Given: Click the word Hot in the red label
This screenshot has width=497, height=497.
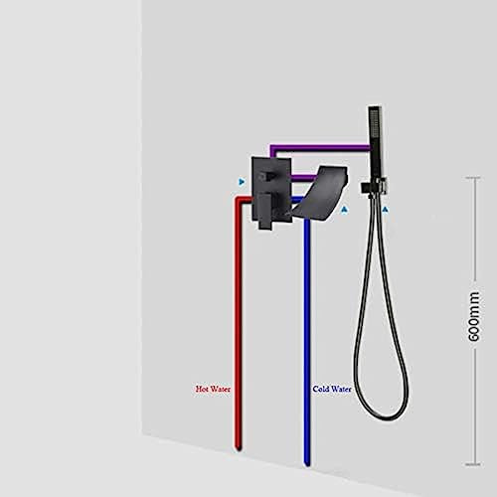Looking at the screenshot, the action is [203, 389].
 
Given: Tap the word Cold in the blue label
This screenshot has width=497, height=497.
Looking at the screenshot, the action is [320, 389].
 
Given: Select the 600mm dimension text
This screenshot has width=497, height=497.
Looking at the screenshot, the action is [473, 316].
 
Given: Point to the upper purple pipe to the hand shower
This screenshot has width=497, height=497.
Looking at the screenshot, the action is [320, 147].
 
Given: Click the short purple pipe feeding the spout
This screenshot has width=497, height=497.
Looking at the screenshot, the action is [304, 178].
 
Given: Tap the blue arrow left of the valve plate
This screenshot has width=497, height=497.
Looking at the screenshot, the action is [242, 182].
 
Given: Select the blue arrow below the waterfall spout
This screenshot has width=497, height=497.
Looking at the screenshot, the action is [345, 210].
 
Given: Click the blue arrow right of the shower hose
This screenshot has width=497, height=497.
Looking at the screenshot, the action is [385, 210].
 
